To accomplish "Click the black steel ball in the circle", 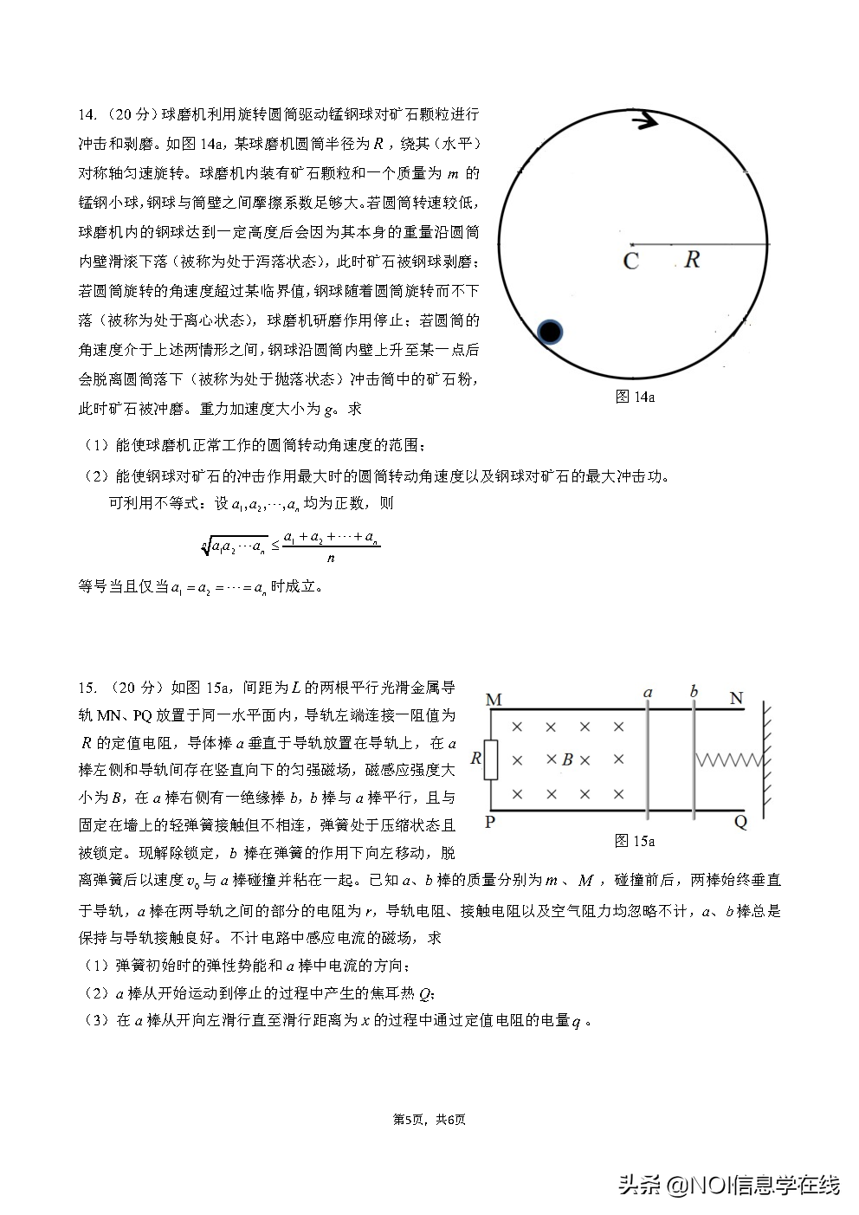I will coord(550,332).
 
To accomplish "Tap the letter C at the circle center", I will coord(630,261).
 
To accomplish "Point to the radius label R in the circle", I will coord(691,259).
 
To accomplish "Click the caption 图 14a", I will coord(634,397).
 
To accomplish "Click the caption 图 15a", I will coord(634,840).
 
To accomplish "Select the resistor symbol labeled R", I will coord(490,759).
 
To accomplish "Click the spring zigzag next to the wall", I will coord(727,759).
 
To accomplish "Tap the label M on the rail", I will coord(494,699).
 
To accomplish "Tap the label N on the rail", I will coord(737,698).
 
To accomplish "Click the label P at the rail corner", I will coord(490,822).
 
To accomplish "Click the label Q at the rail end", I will coord(740,823).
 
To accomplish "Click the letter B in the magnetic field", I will coord(567,759).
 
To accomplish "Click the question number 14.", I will coord(86,114).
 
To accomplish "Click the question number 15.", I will coord(86,688).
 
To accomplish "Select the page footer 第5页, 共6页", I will coord(429,1120).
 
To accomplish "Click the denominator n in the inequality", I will coord(331,558).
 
